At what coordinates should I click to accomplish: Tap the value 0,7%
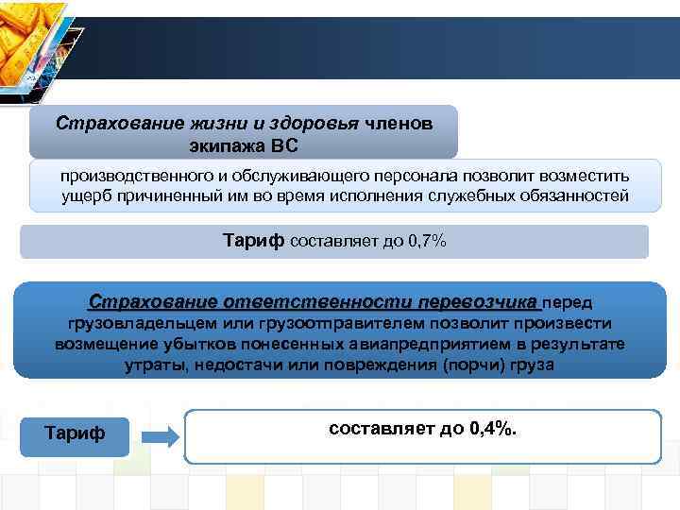tap(426, 241)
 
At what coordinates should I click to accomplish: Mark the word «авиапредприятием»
tap(427, 344)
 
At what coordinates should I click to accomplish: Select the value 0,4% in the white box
tap(489, 429)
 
